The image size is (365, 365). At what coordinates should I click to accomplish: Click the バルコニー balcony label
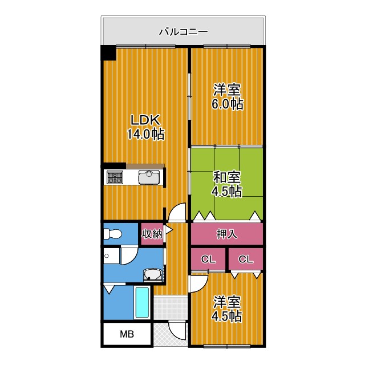183,32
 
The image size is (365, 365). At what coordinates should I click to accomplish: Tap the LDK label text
146,120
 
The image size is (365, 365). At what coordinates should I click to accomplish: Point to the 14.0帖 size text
146,135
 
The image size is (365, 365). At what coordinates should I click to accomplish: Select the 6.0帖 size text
228,104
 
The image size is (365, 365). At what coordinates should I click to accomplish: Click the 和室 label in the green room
227,176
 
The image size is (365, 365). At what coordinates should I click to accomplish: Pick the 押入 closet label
227,234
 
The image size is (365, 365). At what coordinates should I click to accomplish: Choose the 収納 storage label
152,233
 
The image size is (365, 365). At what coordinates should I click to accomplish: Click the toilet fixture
112,234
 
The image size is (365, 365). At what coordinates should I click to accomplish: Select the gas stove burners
115,177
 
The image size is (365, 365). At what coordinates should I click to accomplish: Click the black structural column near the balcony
108,52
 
